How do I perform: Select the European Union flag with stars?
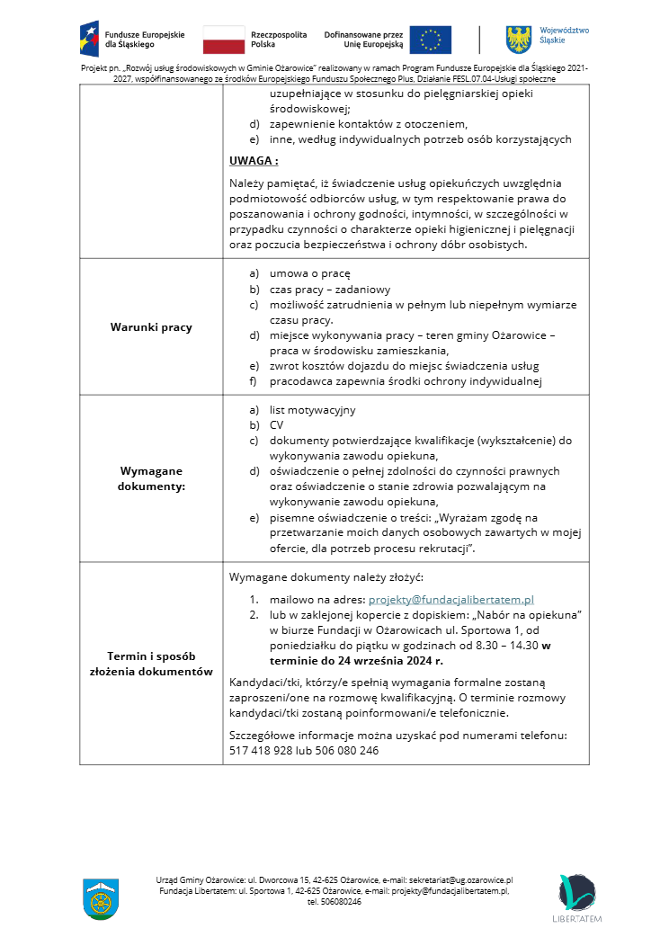click(431, 40)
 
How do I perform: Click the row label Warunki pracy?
click(151, 327)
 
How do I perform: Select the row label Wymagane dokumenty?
click(151, 478)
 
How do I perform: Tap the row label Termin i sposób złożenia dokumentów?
click(151, 664)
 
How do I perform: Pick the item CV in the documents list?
click(277, 424)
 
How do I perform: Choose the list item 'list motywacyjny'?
click(312, 410)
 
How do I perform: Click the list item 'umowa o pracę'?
click(309, 272)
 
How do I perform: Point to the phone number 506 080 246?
click(347, 751)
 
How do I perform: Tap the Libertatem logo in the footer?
click(575, 898)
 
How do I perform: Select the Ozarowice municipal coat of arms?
click(101, 899)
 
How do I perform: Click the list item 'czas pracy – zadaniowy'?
click(330, 290)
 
